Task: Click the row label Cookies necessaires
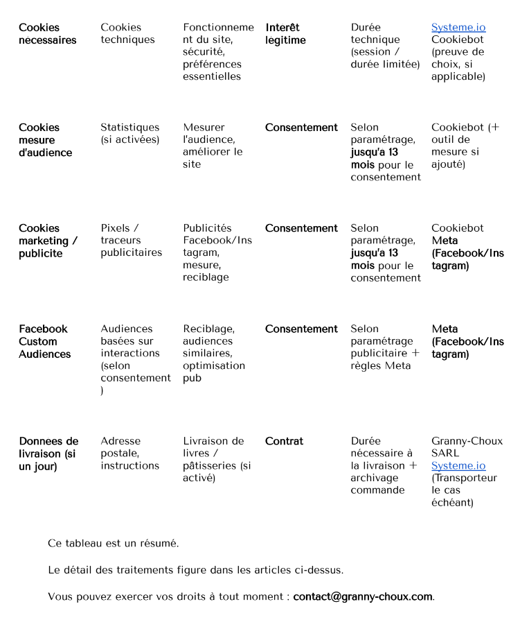pyautogui.click(x=47, y=34)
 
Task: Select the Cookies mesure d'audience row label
pyautogui.click(x=45, y=140)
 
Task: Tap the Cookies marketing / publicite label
pyautogui.click(x=48, y=241)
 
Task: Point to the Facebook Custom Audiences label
pyautogui.click(x=44, y=341)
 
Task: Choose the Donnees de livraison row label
pyautogui.click(x=48, y=453)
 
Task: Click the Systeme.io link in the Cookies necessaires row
pyautogui.click(x=458, y=28)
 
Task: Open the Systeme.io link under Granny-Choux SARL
pyautogui.click(x=458, y=466)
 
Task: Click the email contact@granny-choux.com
pyautogui.click(x=363, y=596)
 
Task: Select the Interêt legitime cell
pyautogui.click(x=285, y=34)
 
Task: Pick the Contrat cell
pyautogui.click(x=284, y=441)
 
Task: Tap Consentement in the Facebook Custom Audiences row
pyautogui.click(x=301, y=329)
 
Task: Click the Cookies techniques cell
pyautogui.click(x=127, y=34)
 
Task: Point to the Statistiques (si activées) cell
pyautogui.click(x=129, y=134)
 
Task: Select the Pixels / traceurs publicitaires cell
pyautogui.click(x=131, y=241)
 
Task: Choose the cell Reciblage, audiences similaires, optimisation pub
pyautogui.click(x=213, y=354)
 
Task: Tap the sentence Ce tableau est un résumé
pyautogui.click(x=114, y=544)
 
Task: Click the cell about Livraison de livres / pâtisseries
pyautogui.click(x=217, y=460)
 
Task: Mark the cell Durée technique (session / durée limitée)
pyautogui.click(x=385, y=46)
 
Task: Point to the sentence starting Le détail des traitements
pyautogui.click(x=195, y=570)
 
